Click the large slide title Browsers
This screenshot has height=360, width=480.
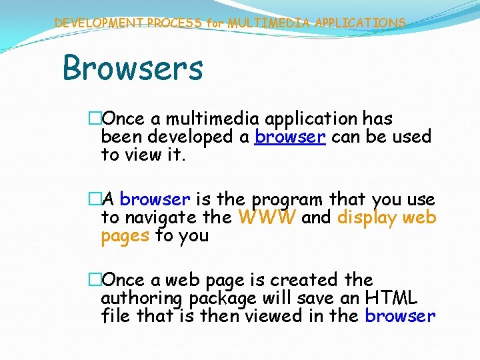pyautogui.click(x=132, y=68)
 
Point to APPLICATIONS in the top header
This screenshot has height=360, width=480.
pyautogui.click(x=361, y=23)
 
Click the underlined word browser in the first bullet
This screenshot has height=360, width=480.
pyautogui.click(x=289, y=137)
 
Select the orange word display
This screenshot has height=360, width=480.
pyautogui.click(x=369, y=217)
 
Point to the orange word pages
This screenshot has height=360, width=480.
pyautogui.click(x=125, y=235)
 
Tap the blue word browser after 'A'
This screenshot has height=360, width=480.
pyautogui.click(x=155, y=199)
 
